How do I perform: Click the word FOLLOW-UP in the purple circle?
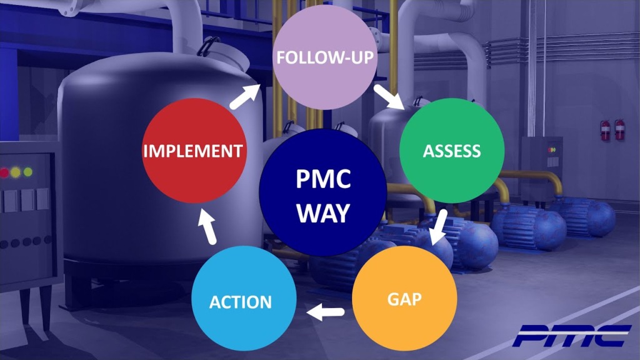[x=325, y=58]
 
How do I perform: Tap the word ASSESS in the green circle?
[x=452, y=151]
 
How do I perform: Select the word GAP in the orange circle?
[x=404, y=298]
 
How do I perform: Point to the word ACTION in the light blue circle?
[x=241, y=302]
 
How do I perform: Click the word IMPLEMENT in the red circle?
[x=192, y=151]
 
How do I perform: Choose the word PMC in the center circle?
[x=323, y=182]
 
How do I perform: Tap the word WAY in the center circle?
[x=323, y=213]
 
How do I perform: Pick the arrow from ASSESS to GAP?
[x=439, y=229]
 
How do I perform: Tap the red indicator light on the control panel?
[x=4, y=172]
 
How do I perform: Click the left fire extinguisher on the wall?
[x=605, y=130]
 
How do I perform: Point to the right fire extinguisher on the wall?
[x=619, y=129]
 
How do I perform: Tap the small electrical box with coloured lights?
[x=541, y=161]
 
